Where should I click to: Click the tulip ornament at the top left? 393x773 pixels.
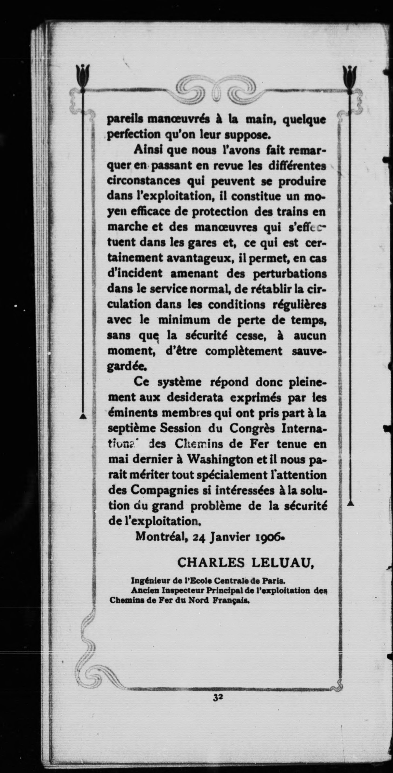click(x=83, y=75)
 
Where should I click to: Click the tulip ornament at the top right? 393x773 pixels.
click(x=350, y=75)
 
